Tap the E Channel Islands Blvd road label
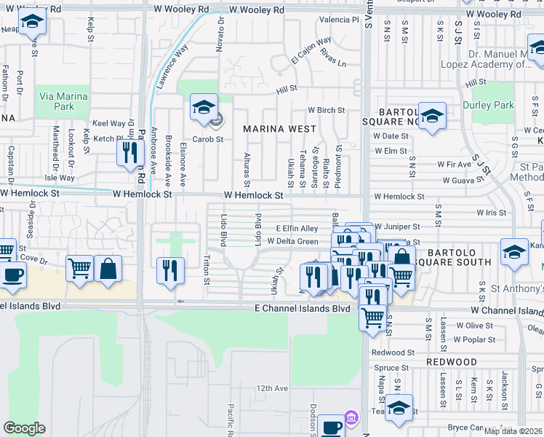click(x=302, y=309)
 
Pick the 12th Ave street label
click(x=273, y=388)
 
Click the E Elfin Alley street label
click(x=297, y=229)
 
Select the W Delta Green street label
click(x=292, y=241)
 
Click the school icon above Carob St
click(x=204, y=109)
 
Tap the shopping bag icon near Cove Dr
click(x=108, y=268)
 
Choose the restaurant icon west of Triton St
click(x=170, y=270)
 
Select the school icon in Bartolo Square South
click(x=515, y=253)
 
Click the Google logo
click(x=24, y=428)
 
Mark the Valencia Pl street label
click(x=340, y=20)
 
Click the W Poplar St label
click(x=472, y=339)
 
